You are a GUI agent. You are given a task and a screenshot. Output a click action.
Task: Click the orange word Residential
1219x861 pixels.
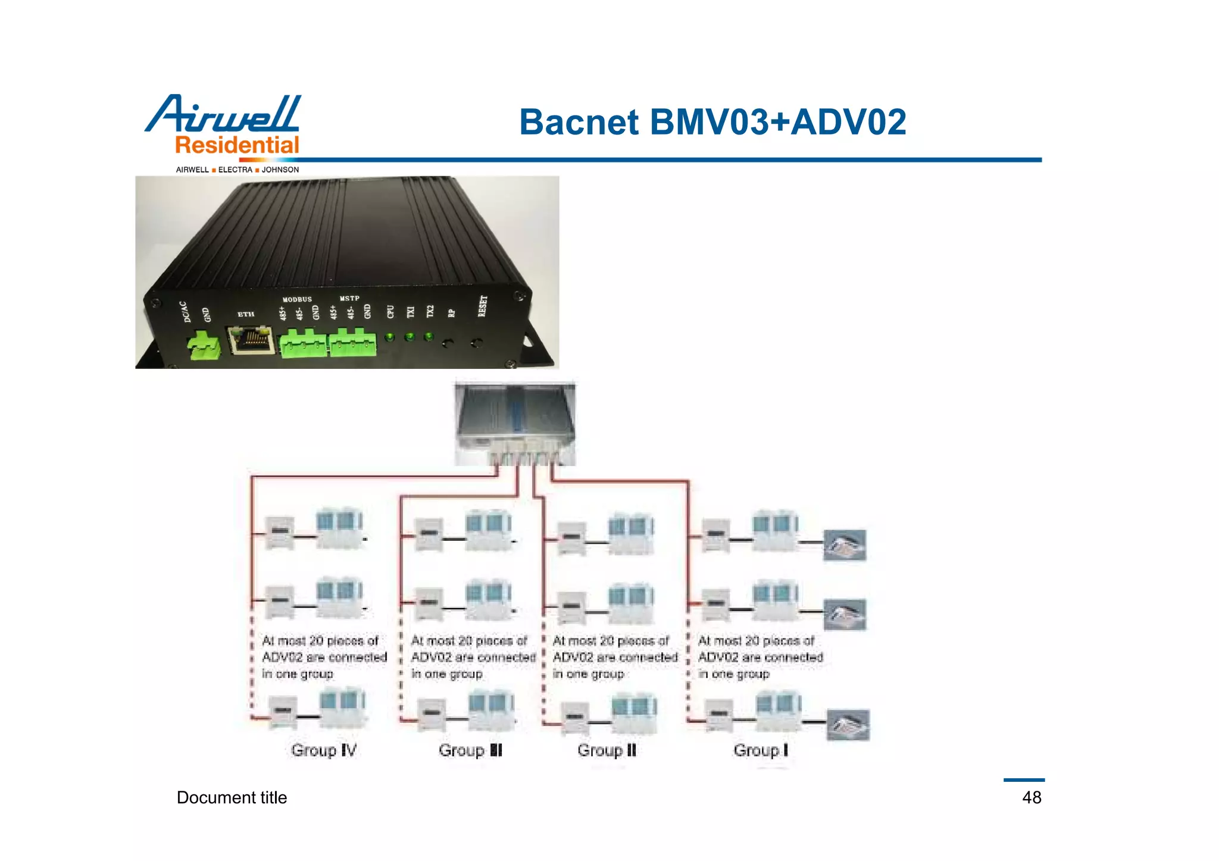(237, 145)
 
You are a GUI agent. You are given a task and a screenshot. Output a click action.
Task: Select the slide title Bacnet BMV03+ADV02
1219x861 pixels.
(712, 122)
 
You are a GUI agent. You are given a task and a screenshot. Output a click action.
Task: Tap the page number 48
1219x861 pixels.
(1032, 797)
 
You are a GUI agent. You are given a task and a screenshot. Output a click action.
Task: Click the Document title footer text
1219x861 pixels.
(232, 797)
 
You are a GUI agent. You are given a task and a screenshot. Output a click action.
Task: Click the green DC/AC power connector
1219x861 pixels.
(204, 346)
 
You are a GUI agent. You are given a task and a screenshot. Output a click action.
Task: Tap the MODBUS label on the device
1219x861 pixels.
(297, 299)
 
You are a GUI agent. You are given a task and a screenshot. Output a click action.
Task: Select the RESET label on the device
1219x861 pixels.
(483, 306)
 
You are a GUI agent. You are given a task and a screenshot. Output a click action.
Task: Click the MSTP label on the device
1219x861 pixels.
(349, 298)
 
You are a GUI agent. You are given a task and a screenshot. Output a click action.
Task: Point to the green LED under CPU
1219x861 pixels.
(389, 337)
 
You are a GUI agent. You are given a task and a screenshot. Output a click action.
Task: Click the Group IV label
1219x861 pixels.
(324, 750)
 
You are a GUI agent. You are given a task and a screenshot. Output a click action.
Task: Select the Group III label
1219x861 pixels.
(470, 750)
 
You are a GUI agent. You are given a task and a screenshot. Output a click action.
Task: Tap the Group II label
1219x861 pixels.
(607, 750)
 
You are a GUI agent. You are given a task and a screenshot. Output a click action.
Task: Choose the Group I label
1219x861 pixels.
(760, 750)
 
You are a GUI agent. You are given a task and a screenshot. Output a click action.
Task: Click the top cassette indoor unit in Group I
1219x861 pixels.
(844, 545)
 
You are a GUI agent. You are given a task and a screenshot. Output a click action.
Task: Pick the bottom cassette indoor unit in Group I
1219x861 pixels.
(848, 725)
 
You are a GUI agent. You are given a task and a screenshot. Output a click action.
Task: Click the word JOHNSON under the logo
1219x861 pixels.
(280, 170)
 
